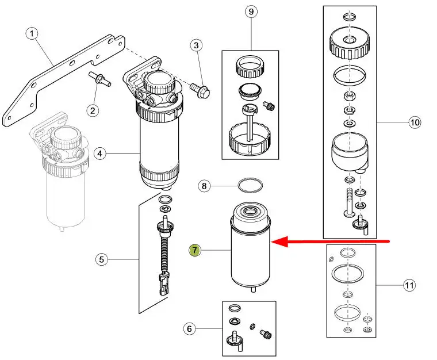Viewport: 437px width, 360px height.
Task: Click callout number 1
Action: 32,34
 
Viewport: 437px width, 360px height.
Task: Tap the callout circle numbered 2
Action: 93,110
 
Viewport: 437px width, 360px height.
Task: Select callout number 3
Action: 197,45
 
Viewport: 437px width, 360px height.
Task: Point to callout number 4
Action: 100,154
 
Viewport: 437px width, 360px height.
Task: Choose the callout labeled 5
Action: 101,259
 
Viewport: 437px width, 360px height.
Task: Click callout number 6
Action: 190,329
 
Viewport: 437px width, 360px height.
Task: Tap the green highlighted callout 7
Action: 194,250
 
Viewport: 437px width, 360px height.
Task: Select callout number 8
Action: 204,186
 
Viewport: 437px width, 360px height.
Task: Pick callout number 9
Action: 251,12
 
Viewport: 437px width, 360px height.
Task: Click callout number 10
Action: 415,122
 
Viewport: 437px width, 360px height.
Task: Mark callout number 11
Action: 409,285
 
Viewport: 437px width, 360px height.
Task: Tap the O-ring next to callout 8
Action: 250,185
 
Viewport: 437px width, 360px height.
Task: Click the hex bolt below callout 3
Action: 200,90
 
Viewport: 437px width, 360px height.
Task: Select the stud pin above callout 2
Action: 100,79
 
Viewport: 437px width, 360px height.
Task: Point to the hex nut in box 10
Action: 349,97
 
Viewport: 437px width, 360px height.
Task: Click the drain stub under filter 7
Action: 254,289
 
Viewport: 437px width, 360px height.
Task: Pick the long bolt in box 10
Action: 350,202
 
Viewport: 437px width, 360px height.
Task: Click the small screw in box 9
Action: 269,106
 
